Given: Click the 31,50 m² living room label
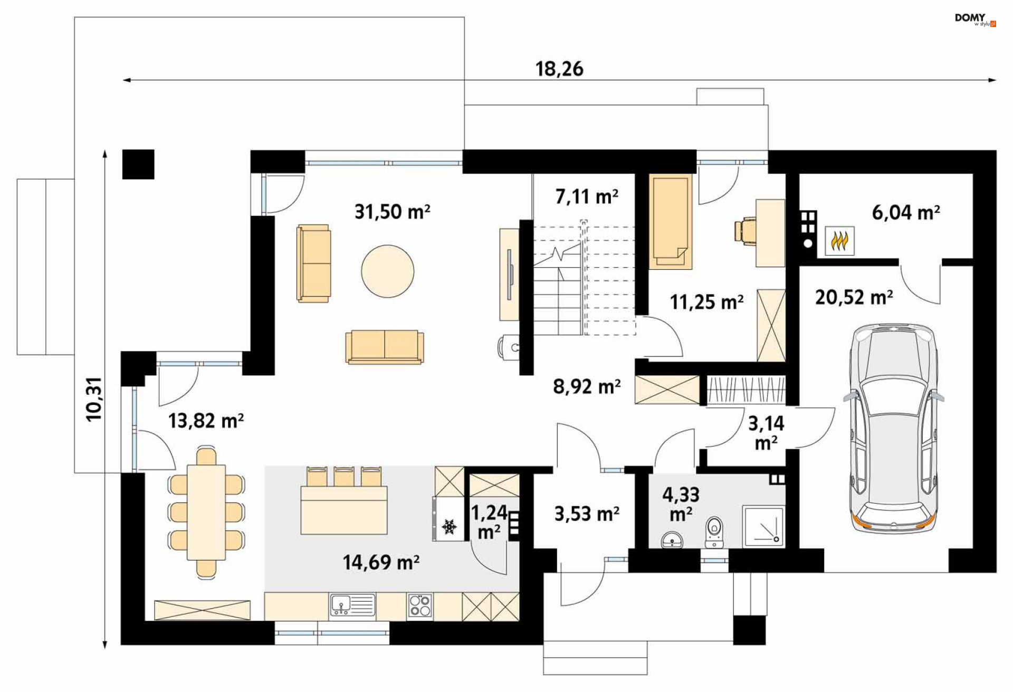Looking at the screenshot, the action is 392,212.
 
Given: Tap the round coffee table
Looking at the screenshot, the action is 388,271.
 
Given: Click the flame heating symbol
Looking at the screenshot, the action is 839,241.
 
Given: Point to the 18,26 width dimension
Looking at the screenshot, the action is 559,69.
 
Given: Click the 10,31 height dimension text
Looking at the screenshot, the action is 94,400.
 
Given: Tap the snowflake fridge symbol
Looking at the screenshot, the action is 450,526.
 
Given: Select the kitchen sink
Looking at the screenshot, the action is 352,605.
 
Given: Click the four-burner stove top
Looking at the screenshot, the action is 420,605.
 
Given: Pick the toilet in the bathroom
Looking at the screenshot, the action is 714,533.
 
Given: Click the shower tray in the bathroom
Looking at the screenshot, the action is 763,526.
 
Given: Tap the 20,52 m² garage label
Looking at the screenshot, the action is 854,298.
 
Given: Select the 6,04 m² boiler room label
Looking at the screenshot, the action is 905,212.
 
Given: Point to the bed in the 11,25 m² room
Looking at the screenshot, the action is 671,222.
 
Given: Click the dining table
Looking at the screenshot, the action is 206,512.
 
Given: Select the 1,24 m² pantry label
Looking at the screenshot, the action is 489,522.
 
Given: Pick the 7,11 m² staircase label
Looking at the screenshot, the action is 587,196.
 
